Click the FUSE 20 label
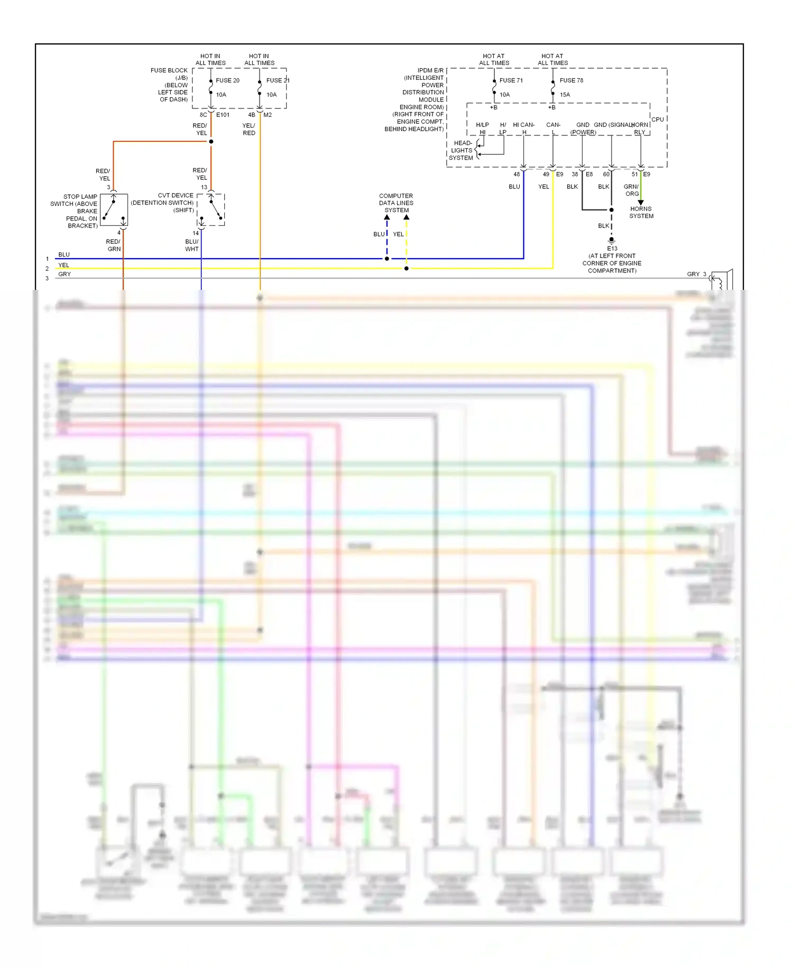tap(227, 80)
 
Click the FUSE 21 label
tap(278, 80)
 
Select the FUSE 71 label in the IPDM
tap(511, 80)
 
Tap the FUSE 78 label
tap(571, 80)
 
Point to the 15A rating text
tap(565, 95)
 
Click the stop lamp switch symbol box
tap(114, 210)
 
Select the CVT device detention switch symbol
tap(211, 209)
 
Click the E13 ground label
tap(612, 248)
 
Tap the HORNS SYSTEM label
tap(641, 212)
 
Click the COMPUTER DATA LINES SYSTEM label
tap(396, 203)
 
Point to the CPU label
tap(657, 120)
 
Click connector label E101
tap(223, 115)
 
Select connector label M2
tap(268, 115)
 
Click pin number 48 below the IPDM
tap(517, 174)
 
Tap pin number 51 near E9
tap(634, 174)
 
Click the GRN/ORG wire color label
tap(631, 190)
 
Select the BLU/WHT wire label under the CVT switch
tap(192, 245)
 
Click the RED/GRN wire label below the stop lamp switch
tap(114, 245)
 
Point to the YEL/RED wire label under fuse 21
tap(249, 129)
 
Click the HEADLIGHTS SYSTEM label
tap(461, 150)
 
